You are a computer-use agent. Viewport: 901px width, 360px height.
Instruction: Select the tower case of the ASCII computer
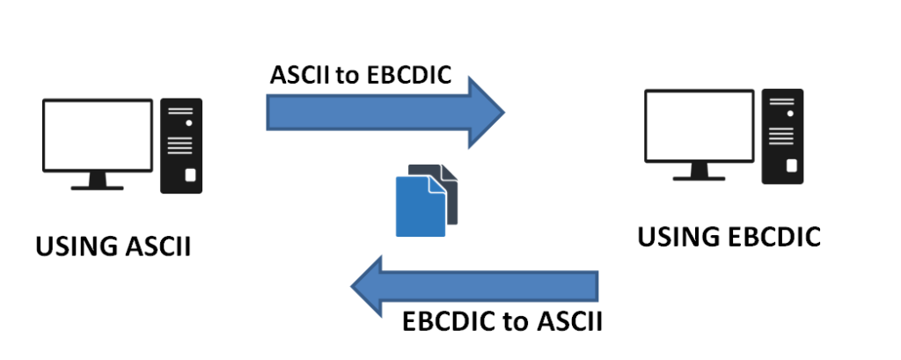(x=180, y=145)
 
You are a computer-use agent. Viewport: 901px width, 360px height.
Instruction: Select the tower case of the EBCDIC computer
(x=784, y=136)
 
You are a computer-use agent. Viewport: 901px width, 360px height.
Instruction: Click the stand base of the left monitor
(x=96, y=185)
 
